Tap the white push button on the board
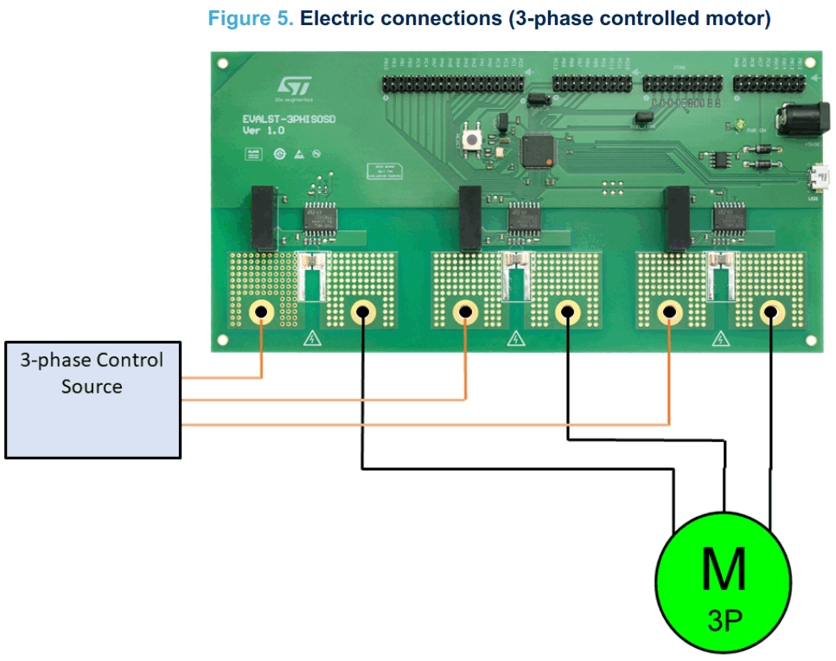tap(474, 138)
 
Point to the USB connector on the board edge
tap(814, 180)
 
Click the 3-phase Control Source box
tap(93, 399)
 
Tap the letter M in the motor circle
tap(723, 570)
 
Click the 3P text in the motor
tap(724, 619)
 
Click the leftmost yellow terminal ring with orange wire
tap(261, 311)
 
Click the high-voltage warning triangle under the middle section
tap(516, 338)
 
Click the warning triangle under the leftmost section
tap(311, 338)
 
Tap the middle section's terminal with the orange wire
tap(465, 311)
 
